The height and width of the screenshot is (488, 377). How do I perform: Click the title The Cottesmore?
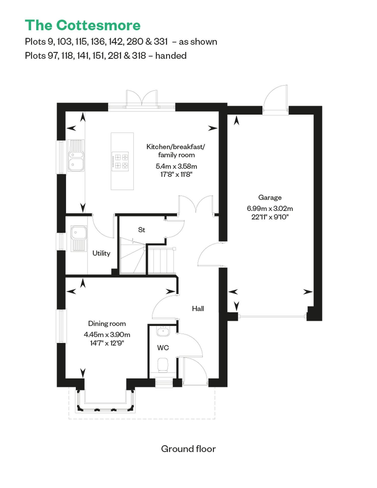[83, 25]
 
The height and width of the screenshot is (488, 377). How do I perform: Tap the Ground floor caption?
[188, 449]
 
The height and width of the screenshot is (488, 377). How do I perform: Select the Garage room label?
[270, 198]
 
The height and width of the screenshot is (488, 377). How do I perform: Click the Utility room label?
[101, 253]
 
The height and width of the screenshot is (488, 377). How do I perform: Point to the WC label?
[163, 348]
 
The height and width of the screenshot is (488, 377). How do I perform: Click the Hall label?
[198, 309]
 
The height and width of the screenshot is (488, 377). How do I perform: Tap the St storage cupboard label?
[142, 230]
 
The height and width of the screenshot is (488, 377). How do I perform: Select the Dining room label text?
[107, 324]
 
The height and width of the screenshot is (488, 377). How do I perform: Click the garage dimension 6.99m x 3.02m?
[270, 209]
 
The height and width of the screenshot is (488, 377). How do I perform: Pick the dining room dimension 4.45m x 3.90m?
[107, 335]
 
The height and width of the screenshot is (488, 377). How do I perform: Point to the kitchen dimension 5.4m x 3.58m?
[176, 166]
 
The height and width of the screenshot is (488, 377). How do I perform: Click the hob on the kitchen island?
[120, 161]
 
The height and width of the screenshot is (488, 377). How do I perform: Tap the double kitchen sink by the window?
[76, 156]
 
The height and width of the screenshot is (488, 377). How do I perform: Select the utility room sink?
[79, 238]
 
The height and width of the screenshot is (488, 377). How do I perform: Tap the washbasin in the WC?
[163, 331]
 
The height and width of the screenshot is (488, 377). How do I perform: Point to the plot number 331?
[161, 42]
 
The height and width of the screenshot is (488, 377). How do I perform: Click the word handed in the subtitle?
[171, 56]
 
